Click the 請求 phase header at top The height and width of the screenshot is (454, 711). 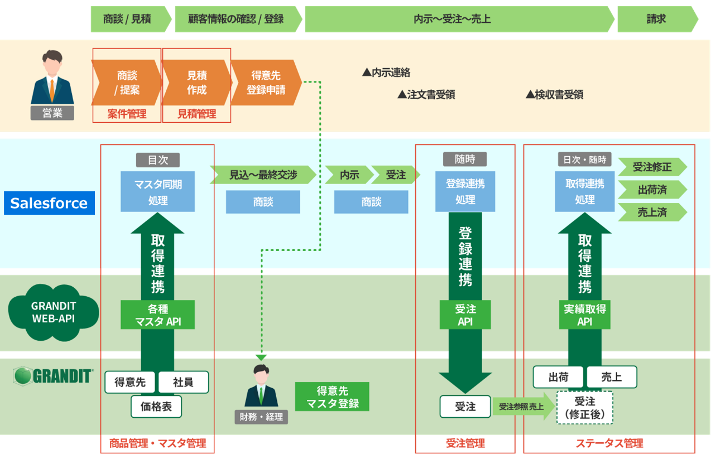pyautogui.click(x=656, y=20)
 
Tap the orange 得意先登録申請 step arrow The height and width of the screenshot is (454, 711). pyautogui.click(x=266, y=83)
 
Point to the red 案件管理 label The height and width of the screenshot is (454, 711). pyautogui.click(x=127, y=114)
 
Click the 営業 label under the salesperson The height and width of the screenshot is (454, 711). pyautogui.click(x=52, y=114)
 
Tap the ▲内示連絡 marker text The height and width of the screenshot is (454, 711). pyautogui.click(x=386, y=73)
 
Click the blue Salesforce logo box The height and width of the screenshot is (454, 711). pyautogui.click(x=49, y=203)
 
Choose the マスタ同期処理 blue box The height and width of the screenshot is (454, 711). pyautogui.click(x=158, y=191)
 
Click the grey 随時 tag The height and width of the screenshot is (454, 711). pyautogui.click(x=465, y=160)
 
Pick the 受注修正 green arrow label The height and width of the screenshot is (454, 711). pyautogui.click(x=652, y=167)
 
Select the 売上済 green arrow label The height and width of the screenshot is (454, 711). pyautogui.click(x=652, y=212)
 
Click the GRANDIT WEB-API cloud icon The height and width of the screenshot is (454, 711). pyautogui.click(x=54, y=312)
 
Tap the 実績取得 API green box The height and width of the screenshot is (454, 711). pyautogui.click(x=584, y=315)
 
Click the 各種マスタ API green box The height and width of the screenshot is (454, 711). pyautogui.click(x=158, y=315)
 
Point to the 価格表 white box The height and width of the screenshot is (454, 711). pyautogui.click(x=156, y=407)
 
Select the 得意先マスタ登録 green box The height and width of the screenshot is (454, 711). pyautogui.click(x=332, y=397)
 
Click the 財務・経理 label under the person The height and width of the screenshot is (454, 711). pyautogui.click(x=261, y=417)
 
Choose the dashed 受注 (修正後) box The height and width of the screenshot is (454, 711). pyautogui.click(x=584, y=408)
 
